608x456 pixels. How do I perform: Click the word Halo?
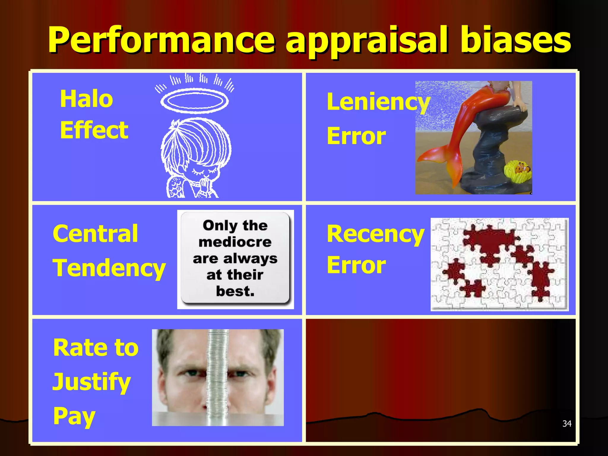tap(86, 99)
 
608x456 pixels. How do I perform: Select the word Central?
tap(95, 234)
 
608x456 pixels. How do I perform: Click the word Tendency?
tap(109, 268)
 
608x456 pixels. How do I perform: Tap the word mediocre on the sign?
tap(235, 242)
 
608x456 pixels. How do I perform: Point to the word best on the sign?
tap(235, 291)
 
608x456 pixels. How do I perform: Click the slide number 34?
tap(567, 424)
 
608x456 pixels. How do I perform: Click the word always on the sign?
tap(250, 259)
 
